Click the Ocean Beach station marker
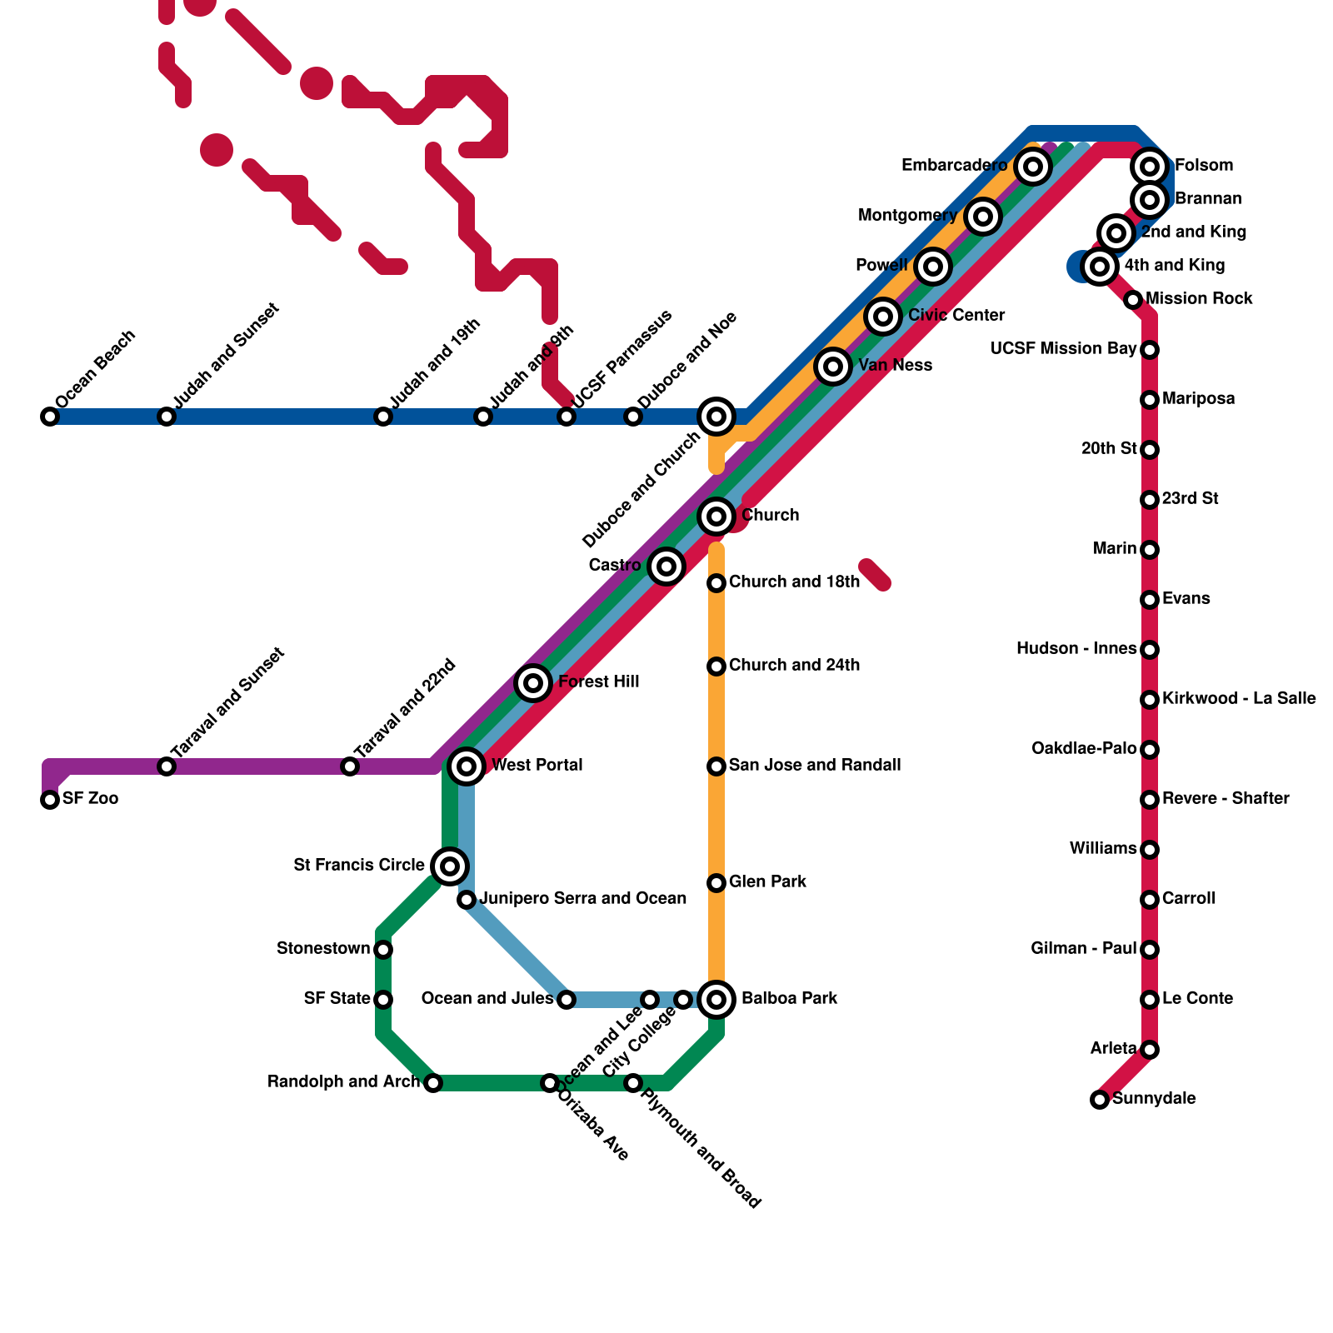click(x=50, y=417)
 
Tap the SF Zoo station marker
click(x=50, y=800)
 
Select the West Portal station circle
click(x=467, y=766)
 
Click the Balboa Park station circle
click(x=716, y=999)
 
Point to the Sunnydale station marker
click(x=1100, y=1100)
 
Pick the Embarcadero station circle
click(x=1033, y=167)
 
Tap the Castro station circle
click(x=666, y=567)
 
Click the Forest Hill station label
click(x=598, y=682)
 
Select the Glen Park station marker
click(x=716, y=883)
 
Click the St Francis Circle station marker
click(x=450, y=866)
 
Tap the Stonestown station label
click(x=323, y=949)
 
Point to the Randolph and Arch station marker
click(x=433, y=1083)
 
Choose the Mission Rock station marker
click(x=1133, y=300)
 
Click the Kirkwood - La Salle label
click(x=1239, y=699)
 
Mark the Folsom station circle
click(x=1150, y=167)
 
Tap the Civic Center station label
click(x=956, y=316)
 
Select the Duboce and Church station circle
click(x=716, y=417)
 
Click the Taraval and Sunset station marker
click(x=167, y=766)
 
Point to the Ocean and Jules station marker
click(x=567, y=999)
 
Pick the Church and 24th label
click(x=794, y=666)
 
